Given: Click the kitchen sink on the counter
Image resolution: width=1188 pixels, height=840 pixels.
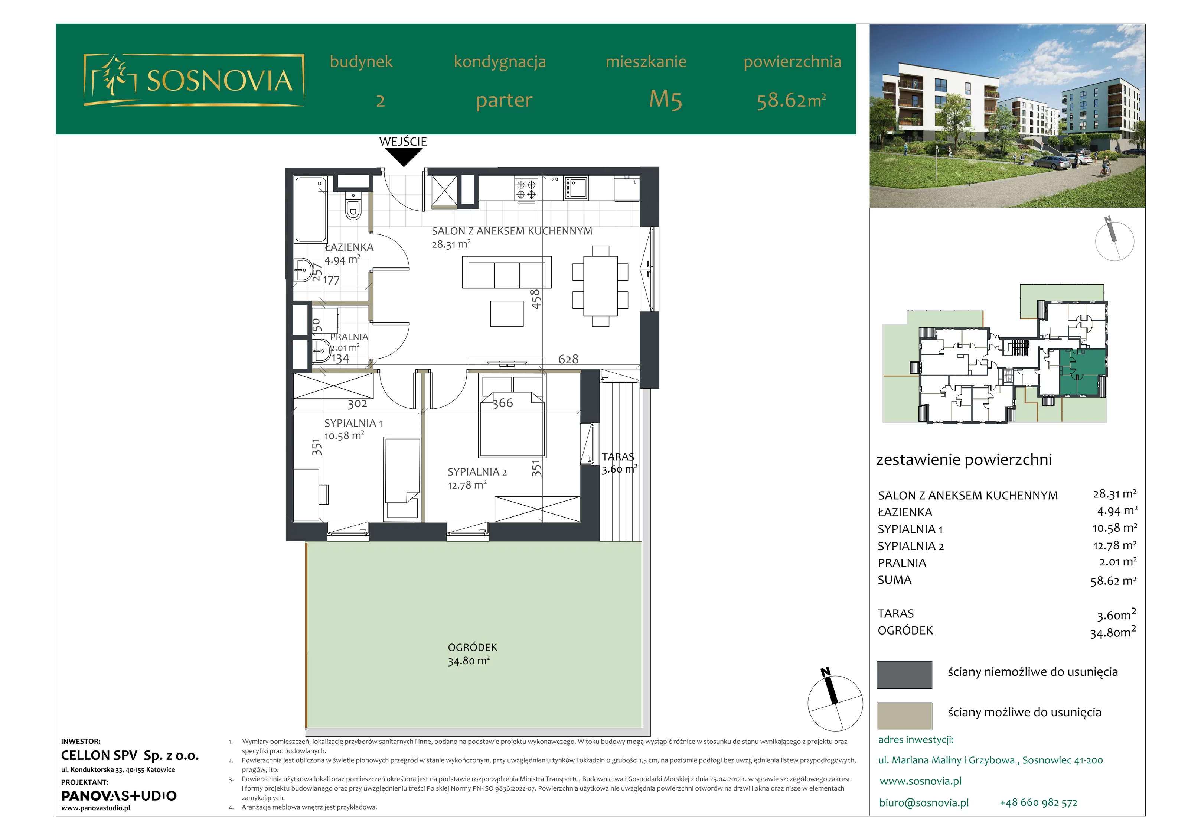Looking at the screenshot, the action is [x=575, y=188].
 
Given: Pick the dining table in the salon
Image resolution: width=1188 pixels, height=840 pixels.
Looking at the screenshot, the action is [x=600, y=286].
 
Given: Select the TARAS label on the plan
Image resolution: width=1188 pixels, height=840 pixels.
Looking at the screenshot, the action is [x=618, y=457].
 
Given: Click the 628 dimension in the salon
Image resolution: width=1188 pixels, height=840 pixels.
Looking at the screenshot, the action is [x=568, y=359].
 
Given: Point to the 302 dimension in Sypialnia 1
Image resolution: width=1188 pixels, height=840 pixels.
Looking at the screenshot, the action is [x=357, y=404].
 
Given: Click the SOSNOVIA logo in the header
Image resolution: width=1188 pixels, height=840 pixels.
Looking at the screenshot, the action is [x=194, y=80].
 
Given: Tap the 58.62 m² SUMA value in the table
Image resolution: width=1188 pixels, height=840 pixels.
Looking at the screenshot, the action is [x=1113, y=581].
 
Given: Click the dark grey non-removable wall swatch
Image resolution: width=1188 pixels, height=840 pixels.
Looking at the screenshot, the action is [x=904, y=675].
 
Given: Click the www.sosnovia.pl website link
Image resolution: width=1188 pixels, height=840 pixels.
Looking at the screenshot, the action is [x=920, y=781].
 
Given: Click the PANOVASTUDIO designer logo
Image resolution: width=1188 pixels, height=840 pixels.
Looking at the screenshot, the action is [x=119, y=795].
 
